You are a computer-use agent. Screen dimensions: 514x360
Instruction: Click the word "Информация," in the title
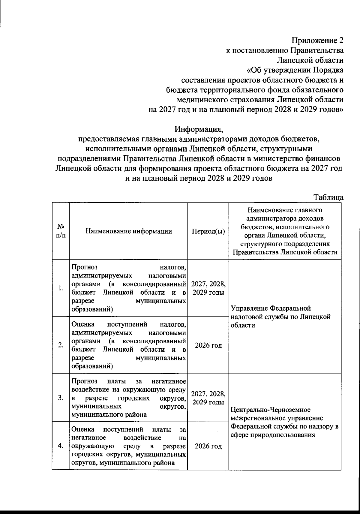pos(199,129)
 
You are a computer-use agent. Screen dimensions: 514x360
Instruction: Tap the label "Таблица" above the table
pos(328,198)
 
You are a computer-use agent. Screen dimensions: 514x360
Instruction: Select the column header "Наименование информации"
pos(129,231)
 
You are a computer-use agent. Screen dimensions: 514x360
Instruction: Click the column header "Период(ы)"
pos(208,231)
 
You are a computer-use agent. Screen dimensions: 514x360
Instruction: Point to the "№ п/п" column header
pos(61,231)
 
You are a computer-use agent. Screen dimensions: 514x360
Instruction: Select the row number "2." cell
pos(61,345)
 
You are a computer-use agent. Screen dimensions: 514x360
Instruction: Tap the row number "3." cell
pos(61,398)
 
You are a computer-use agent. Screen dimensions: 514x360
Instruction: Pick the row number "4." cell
pos(61,446)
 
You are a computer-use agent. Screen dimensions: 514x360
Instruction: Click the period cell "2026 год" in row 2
pos(208,345)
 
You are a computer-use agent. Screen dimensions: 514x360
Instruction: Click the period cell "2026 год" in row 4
pos(208,446)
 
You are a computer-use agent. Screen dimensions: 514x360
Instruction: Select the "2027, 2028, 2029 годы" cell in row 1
pos(208,288)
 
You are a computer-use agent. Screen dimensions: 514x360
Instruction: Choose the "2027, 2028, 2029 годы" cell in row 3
pos(208,398)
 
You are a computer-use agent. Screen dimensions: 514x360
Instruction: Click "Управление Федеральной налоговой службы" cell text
pos(280,317)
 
